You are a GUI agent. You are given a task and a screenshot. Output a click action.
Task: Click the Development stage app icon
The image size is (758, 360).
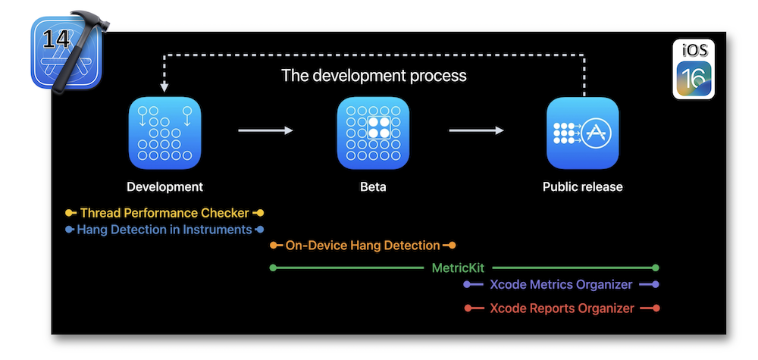164,133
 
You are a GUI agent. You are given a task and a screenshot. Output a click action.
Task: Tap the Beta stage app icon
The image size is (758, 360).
373,133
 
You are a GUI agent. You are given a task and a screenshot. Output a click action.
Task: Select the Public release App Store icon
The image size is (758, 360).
582,133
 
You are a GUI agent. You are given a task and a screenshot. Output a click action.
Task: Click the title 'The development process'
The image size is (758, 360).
374,75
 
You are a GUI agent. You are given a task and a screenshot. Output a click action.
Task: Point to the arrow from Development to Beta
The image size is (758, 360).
265,130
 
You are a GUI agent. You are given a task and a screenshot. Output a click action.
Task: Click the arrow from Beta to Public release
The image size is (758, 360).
476,130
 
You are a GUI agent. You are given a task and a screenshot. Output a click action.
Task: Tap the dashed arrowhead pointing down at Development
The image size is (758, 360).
164,87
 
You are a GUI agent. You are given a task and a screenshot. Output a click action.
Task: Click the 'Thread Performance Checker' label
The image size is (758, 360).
164,213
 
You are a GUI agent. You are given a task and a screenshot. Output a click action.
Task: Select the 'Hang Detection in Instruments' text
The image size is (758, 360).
164,230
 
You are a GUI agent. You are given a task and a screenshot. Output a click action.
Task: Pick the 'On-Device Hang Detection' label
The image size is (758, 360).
362,246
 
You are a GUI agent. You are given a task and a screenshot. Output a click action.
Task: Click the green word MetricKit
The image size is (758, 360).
458,268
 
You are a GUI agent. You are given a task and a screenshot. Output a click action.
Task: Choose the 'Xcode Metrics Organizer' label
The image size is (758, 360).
561,285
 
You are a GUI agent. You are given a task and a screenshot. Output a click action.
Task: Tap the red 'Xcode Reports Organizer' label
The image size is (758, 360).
562,308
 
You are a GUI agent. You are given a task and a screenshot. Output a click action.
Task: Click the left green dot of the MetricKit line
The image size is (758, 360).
273,268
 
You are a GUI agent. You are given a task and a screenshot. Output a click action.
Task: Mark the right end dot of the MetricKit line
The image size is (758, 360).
656,268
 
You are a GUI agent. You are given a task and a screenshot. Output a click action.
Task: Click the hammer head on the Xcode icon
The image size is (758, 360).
90,22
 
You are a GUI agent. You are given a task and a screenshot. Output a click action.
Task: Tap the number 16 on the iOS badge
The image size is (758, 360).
694,78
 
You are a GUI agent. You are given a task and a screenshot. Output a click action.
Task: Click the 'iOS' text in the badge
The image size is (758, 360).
694,50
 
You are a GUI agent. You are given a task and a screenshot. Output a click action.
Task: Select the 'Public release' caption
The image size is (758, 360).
582,186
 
